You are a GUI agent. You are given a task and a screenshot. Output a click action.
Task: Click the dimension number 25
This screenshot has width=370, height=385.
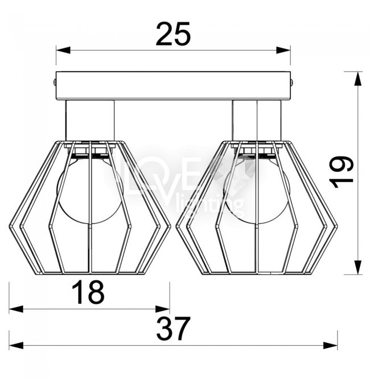(x=173, y=34)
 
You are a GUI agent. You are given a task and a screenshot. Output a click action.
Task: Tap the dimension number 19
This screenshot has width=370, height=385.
(x=342, y=172)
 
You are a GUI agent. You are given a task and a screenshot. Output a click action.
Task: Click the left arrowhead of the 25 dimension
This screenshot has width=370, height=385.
(x=63, y=51)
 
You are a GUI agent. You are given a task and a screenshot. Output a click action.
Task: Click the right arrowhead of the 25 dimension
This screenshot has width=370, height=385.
(x=283, y=51)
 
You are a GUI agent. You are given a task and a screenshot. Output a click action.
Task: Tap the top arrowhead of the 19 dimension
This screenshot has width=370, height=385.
(x=358, y=78)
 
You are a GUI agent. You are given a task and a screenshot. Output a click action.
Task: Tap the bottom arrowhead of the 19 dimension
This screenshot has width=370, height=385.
(x=358, y=267)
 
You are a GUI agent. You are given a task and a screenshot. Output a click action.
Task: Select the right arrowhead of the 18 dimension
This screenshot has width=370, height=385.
(x=162, y=309)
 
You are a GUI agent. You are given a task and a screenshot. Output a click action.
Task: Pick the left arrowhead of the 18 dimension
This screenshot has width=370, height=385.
(x=16, y=309)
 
